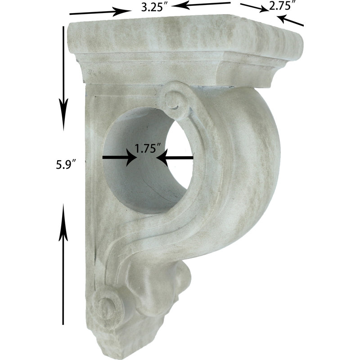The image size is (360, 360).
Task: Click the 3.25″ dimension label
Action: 154,7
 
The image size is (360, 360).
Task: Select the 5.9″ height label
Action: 66,164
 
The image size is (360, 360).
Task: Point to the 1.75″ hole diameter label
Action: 148,148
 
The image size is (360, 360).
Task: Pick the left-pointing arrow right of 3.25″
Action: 202,4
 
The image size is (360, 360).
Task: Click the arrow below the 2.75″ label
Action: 290,20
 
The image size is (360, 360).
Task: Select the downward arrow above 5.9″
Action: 63,78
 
